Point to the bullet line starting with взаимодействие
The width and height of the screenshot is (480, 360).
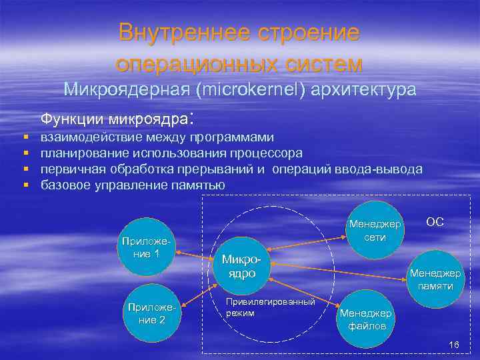157,137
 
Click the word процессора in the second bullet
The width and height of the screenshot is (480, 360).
269,153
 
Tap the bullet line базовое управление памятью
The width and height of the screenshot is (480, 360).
133,185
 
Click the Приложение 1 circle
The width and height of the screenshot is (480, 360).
145,247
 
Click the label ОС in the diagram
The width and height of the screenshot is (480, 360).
435,222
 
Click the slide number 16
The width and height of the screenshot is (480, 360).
454,345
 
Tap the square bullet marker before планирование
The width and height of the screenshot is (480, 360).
25,153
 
